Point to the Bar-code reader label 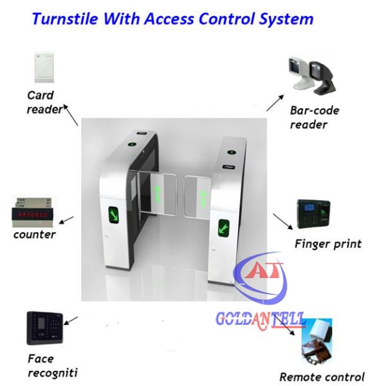[313, 117]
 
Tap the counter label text [35, 234]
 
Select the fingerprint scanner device [315, 216]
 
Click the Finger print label [327, 244]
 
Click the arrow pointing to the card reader [70, 116]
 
